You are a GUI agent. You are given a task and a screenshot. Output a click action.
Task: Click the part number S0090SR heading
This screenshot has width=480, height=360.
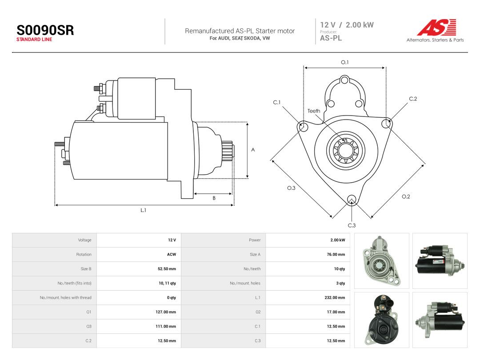[x=45, y=30]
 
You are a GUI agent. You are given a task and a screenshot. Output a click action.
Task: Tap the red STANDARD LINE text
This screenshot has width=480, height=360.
[x=34, y=40]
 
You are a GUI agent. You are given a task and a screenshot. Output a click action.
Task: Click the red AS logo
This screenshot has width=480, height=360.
[x=436, y=27]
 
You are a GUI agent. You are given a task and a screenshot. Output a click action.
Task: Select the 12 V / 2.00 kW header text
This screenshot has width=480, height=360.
[x=347, y=25]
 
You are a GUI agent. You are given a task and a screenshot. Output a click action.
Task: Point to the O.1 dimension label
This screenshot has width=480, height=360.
[x=345, y=62]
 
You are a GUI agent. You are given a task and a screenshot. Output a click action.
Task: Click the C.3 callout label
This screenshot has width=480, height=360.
[x=352, y=225]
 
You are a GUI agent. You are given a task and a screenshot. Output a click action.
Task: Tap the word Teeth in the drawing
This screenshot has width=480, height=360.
[x=314, y=111]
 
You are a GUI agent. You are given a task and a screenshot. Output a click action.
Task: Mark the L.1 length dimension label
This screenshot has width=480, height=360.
[x=143, y=210]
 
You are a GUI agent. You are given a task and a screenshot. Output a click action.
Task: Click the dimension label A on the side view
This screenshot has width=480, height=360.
[x=253, y=150]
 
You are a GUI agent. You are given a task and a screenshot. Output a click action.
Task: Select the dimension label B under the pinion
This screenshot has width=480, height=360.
[x=214, y=198]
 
